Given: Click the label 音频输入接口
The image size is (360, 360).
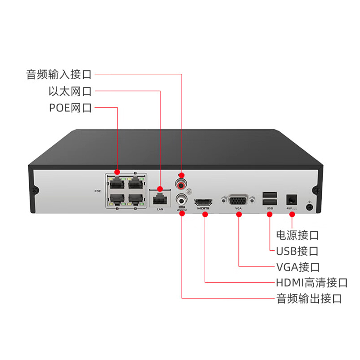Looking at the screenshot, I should pyautogui.click(x=58, y=74).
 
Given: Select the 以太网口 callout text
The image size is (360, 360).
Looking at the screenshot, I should pyautogui.click(x=70, y=91).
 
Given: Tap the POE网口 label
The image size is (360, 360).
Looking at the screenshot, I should pyautogui.click(x=70, y=108).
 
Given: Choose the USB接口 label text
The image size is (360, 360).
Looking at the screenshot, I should pyautogui.click(x=297, y=251).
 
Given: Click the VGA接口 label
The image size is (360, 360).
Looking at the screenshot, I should pyautogui.click(x=297, y=267).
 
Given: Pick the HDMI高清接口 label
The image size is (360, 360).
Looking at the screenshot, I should pyautogui.click(x=311, y=283).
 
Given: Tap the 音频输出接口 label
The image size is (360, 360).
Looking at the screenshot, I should pyautogui.click(x=309, y=298).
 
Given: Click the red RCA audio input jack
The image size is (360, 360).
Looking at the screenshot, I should pyautogui.click(x=182, y=184).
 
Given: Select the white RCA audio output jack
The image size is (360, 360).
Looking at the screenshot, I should pyautogui.click(x=182, y=198).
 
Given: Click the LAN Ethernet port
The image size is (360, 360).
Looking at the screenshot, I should pyautogui.click(x=160, y=198).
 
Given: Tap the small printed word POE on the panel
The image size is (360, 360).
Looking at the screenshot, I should pyautogui.click(x=98, y=191).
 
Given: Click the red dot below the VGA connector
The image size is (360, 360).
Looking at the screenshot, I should pyautogui.click(x=238, y=215).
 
